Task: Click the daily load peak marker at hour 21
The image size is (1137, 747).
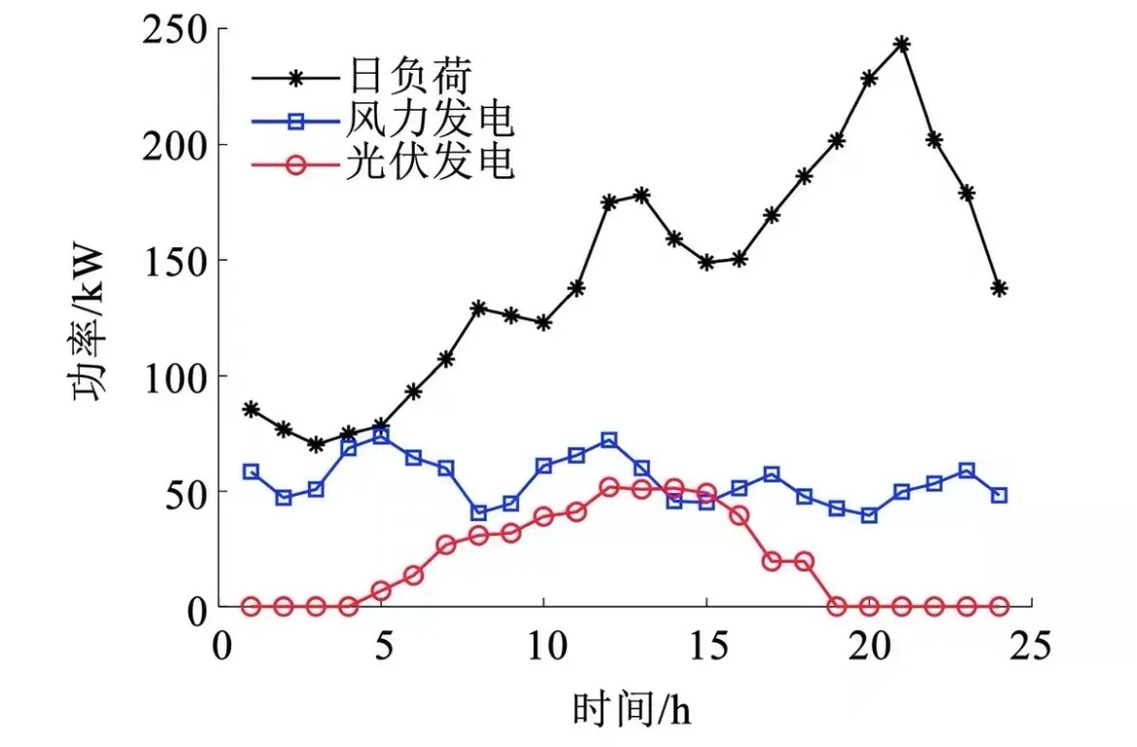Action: (901, 44)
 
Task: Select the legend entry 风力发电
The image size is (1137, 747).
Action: (428, 122)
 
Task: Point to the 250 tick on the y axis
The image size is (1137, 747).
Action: (177, 30)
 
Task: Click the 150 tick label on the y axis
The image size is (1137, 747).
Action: (177, 261)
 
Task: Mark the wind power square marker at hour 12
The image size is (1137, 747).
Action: (609, 441)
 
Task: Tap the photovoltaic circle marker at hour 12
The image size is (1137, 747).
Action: (609, 487)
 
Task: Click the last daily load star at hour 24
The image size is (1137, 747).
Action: (998, 288)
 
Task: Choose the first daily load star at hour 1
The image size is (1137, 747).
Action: (251, 409)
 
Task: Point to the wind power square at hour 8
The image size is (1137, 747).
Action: (478, 513)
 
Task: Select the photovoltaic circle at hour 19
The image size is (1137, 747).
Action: (837, 606)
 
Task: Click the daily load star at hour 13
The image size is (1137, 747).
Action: (641, 196)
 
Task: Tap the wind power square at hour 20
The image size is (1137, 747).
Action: (869, 516)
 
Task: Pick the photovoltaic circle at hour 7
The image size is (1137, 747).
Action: (446, 545)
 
